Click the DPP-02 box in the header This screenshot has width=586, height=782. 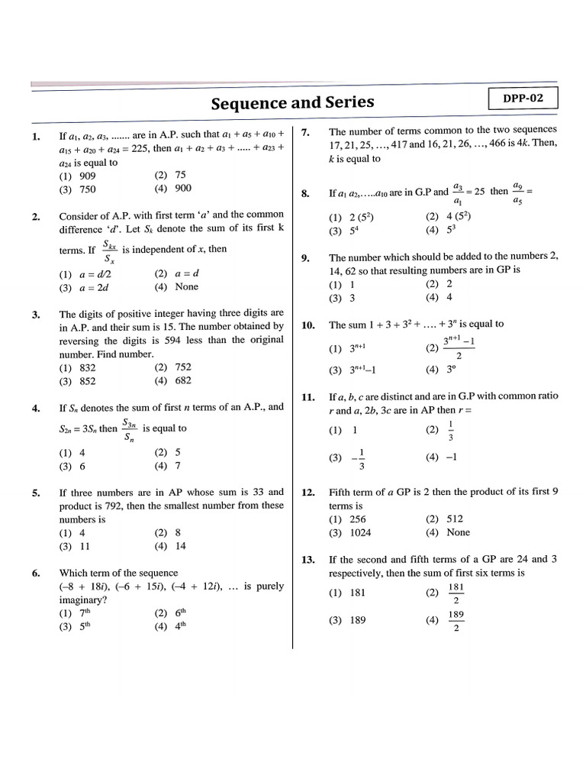click(x=523, y=99)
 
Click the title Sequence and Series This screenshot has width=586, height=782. click(x=292, y=102)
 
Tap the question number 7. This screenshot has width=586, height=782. click(x=305, y=131)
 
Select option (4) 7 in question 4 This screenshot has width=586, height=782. click(x=168, y=466)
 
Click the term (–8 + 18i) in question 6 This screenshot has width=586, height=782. click(x=88, y=586)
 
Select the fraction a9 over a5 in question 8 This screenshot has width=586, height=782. click(x=518, y=193)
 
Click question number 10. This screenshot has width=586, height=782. click(x=308, y=325)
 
